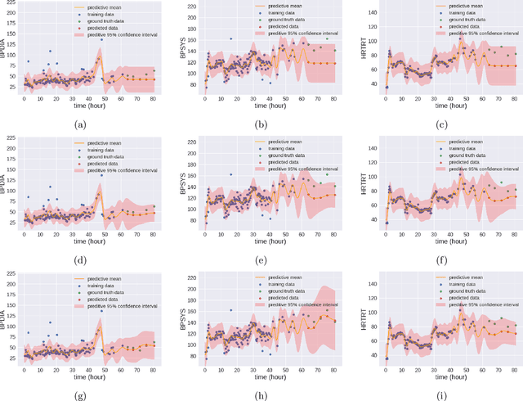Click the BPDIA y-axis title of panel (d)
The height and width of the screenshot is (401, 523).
coord(7,187)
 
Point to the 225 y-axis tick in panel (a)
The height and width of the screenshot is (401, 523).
coord(14,7)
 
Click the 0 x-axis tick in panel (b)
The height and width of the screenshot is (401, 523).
coord(205,98)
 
